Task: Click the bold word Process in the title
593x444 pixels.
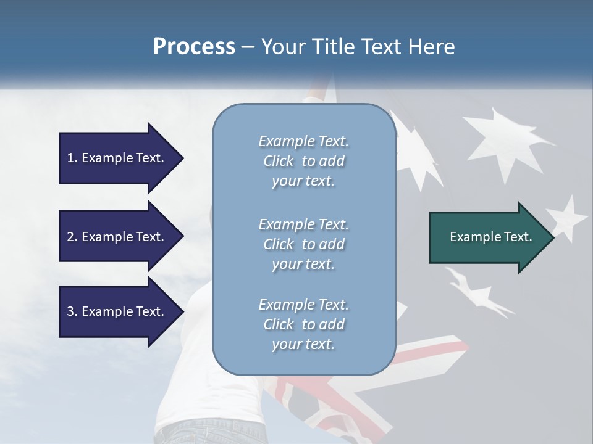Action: coord(194,47)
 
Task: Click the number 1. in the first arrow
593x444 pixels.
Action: coord(72,158)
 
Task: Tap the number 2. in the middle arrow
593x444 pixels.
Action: coord(72,237)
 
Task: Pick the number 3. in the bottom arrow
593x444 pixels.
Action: coord(72,311)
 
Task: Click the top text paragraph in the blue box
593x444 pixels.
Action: coord(303,161)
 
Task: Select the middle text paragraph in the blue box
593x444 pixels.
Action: coord(303,244)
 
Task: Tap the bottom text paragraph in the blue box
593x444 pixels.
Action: coord(303,324)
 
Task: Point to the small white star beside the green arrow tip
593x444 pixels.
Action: coord(567,217)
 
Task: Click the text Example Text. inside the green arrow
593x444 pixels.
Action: coord(490,237)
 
